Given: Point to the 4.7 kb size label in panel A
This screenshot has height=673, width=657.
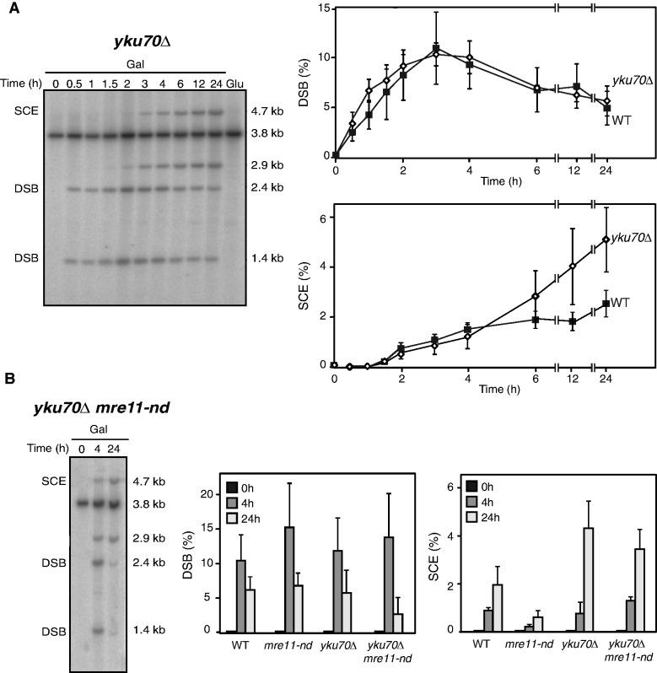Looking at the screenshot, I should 268,110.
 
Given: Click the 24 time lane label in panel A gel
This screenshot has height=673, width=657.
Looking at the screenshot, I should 218,83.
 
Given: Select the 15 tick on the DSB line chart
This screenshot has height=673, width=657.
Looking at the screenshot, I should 321,8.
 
